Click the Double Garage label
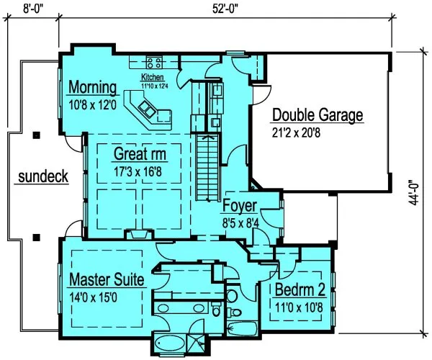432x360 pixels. click(317, 115)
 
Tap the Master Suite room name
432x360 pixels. click(107, 279)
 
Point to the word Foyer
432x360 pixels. click(239, 206)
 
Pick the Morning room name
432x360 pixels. click(92, 88)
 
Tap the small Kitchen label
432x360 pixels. click(153, 77)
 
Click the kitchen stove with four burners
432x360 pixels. click(153, 63)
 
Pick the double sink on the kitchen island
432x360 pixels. click(148, 109)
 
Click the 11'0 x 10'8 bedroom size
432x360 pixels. click(299, 307)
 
